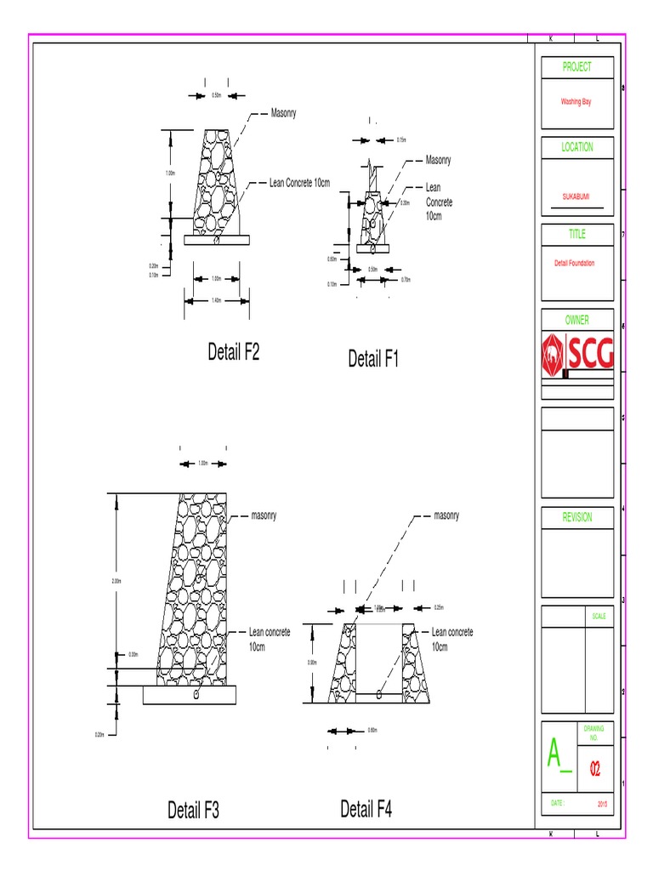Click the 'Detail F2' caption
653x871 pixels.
pos(233,353)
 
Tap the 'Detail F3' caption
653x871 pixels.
pos(193,811)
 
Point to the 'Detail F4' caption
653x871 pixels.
pos(366,809)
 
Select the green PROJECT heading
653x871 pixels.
pos(576,67)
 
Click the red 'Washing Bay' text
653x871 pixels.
pos(576,101)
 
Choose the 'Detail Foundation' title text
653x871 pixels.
pos(575,264)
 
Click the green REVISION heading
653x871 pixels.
pos(576,517)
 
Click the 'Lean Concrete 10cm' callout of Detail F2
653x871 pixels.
pos(299,183)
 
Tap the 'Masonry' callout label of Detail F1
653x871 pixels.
pos(438,160)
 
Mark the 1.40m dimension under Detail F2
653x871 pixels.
pos(216,300)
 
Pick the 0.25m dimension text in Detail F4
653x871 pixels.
pos(439,608)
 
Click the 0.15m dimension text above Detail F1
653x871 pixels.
pos(401,140)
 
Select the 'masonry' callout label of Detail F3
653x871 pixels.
pos(264,515)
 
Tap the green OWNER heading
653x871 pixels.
pos(576,321)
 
